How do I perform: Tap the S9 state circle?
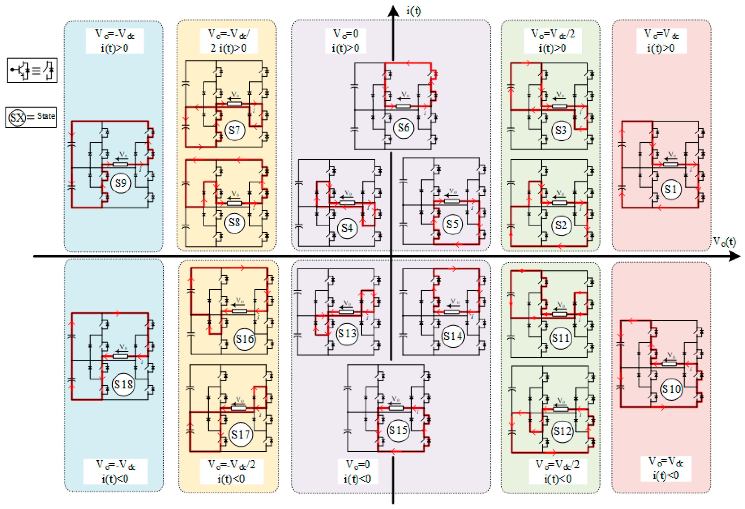click(x=121, y=183)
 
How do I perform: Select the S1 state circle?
click(x=671, y=189)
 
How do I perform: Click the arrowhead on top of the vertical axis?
click(x=393, y=11)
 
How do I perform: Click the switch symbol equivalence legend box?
click(x=32, y=70)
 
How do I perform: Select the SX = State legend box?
click(x=31, y=117)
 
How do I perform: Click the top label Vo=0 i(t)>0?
click(x=346, y=41)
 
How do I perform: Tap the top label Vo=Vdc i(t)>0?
click(x=661, y=41)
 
